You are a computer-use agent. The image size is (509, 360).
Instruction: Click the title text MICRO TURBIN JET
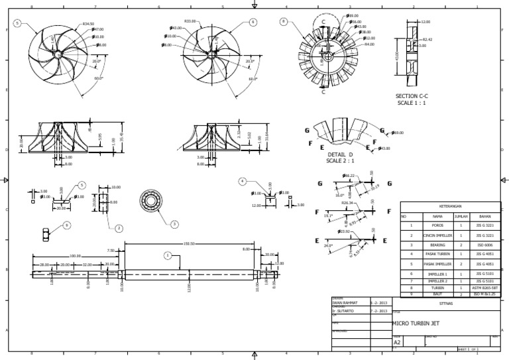pos(416,324)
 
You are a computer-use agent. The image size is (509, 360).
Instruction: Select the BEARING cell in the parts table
pos(437,245)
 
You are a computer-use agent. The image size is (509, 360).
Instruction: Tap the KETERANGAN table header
pos(450,206)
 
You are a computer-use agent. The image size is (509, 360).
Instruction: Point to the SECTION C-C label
pos(412,96)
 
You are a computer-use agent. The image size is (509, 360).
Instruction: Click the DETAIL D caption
pos(341,154)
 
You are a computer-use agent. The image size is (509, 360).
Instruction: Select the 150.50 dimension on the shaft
pos(188,243)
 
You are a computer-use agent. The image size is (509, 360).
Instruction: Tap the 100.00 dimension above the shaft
pos(75,255)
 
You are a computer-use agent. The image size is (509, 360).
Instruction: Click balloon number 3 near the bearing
pos(174,224)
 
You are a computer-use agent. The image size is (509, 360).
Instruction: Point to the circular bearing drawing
pos(151,200)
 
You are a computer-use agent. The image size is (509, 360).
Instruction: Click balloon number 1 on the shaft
pos(168,255)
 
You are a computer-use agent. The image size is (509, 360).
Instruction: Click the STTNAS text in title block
pos(445,302)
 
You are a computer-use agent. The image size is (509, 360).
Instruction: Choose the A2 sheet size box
pos(398,343)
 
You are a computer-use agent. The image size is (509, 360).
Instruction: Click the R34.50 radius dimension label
pos(87,23)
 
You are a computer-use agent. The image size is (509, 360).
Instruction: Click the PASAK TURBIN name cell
pos(437,254)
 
